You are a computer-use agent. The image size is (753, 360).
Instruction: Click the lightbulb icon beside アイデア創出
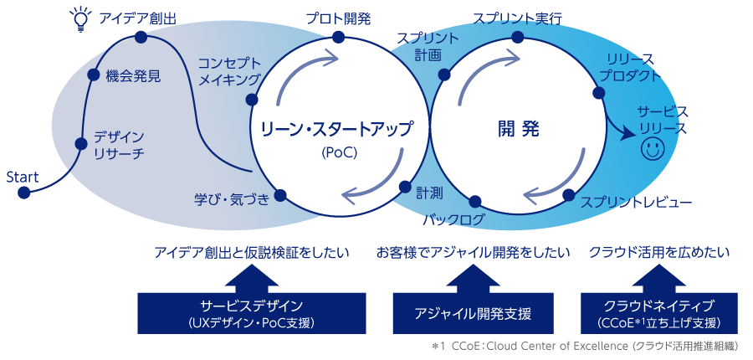click(79, 18)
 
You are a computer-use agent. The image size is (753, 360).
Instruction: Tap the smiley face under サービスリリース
click(652, 150)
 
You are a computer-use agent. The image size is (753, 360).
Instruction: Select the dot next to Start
click(23, 193)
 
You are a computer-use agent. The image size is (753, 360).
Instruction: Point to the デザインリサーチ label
click(119, 145)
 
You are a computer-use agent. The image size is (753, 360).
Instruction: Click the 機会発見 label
click(133, 75)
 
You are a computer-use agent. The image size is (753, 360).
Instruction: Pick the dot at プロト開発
click(338, 37)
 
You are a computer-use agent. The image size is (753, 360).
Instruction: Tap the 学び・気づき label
click(232, 198)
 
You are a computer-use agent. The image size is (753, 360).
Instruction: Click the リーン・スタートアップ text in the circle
click(336, 130)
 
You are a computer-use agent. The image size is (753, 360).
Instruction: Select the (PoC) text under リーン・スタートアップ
click(338, 152)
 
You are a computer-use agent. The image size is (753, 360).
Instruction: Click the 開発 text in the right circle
click(519, 130)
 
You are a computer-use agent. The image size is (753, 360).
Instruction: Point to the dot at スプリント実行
click(518, 38)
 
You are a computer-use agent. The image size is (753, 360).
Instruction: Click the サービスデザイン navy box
click(252, 312)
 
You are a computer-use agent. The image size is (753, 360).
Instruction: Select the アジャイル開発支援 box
click(473, 313)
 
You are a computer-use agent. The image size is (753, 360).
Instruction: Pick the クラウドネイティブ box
click(658, 312)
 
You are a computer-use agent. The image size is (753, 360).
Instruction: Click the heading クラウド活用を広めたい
click(658, 252)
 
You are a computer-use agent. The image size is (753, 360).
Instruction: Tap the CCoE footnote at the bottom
click(586, 346)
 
